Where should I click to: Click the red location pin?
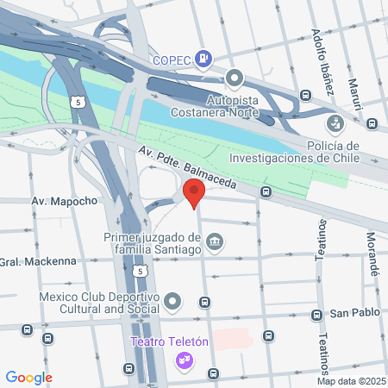click(x=193, y=192)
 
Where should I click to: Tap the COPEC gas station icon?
click(x=203, y=59)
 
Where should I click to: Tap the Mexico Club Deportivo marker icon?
click(x=173, y=302)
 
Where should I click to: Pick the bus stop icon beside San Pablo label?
click(x=318, y=315)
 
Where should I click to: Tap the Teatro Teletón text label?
click(x=170, y=342)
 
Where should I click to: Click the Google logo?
click(x=28, y=377)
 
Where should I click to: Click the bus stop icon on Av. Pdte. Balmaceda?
click(x=266, y=191)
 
